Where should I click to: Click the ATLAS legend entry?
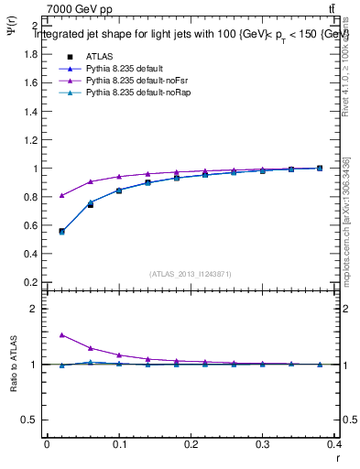97,56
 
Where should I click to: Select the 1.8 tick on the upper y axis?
30,54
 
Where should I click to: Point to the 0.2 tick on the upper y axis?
30,282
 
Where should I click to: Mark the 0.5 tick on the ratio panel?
30,420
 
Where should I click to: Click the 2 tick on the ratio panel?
34,309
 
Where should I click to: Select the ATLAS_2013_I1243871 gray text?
189,273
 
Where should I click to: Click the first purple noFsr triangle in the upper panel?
61,195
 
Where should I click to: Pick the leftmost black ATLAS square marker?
61,231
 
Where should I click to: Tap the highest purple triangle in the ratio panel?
61,335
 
